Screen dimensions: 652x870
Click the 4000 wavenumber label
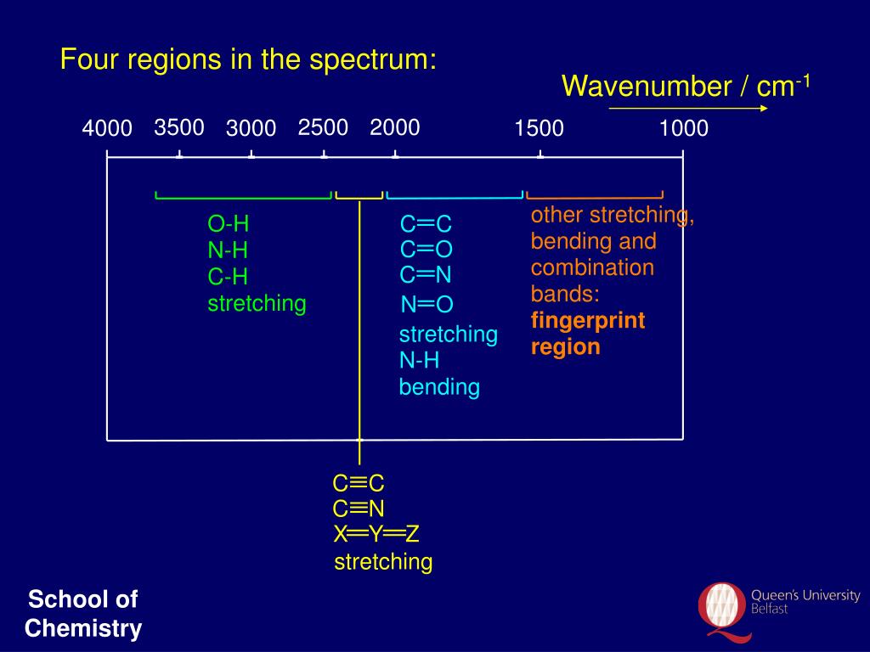tap(107, 129)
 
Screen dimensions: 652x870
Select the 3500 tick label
tap(179, 127)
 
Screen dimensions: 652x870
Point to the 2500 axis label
tap(323, 127)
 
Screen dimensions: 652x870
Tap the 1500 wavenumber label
tap(539, 129)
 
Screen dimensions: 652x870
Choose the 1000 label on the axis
tap(683, 129)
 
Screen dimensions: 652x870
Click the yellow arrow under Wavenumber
tap(688, 109)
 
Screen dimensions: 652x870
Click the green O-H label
tap(229, 224)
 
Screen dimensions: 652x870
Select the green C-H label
tap(228, 277)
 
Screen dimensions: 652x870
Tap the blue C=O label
tap(427, 250)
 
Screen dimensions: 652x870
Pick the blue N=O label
tap(427, 305)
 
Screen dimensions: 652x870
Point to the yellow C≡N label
tap(359, 509)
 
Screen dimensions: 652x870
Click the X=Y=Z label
tap(376, 534)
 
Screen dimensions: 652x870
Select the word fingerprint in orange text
tap(588, 321)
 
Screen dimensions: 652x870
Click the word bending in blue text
tap(439, 388)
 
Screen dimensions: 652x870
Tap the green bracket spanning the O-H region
tap(243, 197)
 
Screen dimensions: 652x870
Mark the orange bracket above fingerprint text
tap(595, 196)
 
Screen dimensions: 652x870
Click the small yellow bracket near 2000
tap(359, 197)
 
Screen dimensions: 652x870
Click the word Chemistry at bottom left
tap(83, 629)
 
